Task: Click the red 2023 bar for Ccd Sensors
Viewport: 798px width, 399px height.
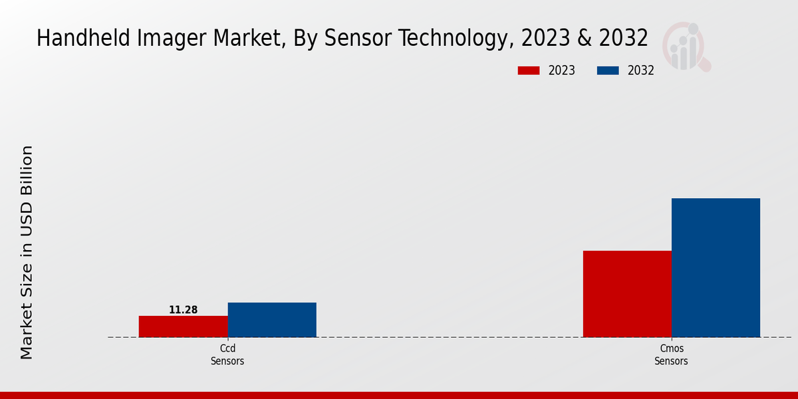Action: click(183, 327)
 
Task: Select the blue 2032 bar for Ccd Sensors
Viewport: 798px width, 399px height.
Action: click(272, 320)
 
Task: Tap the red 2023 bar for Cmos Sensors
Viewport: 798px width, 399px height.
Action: click(627, 294)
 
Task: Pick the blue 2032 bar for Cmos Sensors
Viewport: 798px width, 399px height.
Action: click(716, 267)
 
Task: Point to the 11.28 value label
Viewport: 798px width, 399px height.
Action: click(183, 310)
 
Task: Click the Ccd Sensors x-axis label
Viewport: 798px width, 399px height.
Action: click(227, 355)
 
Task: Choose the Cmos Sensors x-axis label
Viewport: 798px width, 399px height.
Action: click(671, 355)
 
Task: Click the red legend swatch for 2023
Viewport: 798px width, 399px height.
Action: click(529, 70)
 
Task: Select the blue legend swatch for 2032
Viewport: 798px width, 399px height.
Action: click(608, 70)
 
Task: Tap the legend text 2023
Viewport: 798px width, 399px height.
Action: click(562, 70)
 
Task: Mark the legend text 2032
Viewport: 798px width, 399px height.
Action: click(641, 70)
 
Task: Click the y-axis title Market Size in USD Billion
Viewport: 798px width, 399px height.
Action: click(27, 253)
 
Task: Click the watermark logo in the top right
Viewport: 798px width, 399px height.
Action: click(686, 45)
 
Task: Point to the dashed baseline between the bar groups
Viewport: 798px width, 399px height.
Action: click(450, 337)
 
